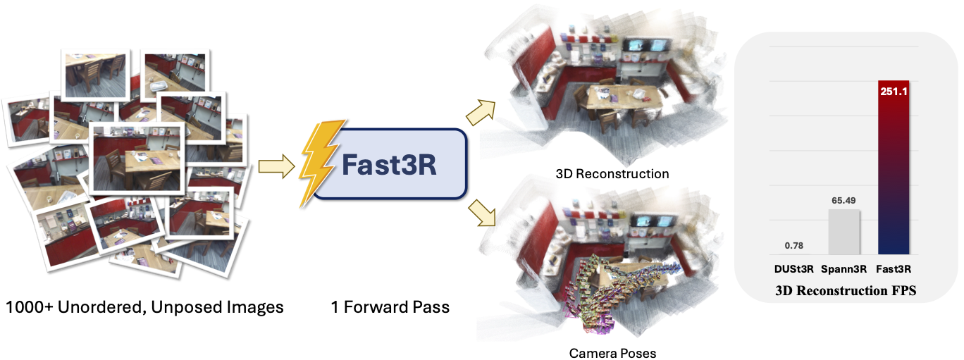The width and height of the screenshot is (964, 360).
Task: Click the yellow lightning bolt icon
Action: click(x=321, y=163)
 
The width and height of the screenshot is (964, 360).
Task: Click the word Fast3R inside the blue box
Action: click(x=389, y=164)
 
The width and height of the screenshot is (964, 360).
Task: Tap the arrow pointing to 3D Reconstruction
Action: click(x=483, y=111)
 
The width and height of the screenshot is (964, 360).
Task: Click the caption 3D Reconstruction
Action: click(x=612, y=173)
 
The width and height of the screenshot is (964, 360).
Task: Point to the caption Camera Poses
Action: click(x=612, y=352)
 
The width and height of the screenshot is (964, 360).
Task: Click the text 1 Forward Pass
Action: click(x=390, y=308)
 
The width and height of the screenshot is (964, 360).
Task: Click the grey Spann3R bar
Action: click(x=843, y=232)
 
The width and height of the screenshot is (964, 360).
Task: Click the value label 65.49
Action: click(x=843, y=201)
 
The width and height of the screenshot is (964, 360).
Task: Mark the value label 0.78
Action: click(x=793, y=246)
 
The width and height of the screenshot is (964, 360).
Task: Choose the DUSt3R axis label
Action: click(x=793, y=268)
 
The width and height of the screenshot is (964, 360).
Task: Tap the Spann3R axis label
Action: click(x=843, y=268)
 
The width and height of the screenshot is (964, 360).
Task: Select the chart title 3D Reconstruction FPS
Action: click(x=845, y=290)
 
